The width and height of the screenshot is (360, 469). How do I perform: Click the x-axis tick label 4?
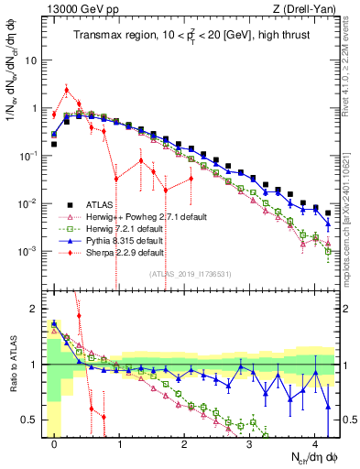314,442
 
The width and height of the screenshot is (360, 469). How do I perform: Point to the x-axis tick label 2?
184,442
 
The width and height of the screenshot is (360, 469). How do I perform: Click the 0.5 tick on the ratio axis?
33,420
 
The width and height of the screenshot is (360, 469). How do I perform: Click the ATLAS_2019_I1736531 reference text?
191,273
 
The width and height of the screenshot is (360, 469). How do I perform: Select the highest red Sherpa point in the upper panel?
67,90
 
